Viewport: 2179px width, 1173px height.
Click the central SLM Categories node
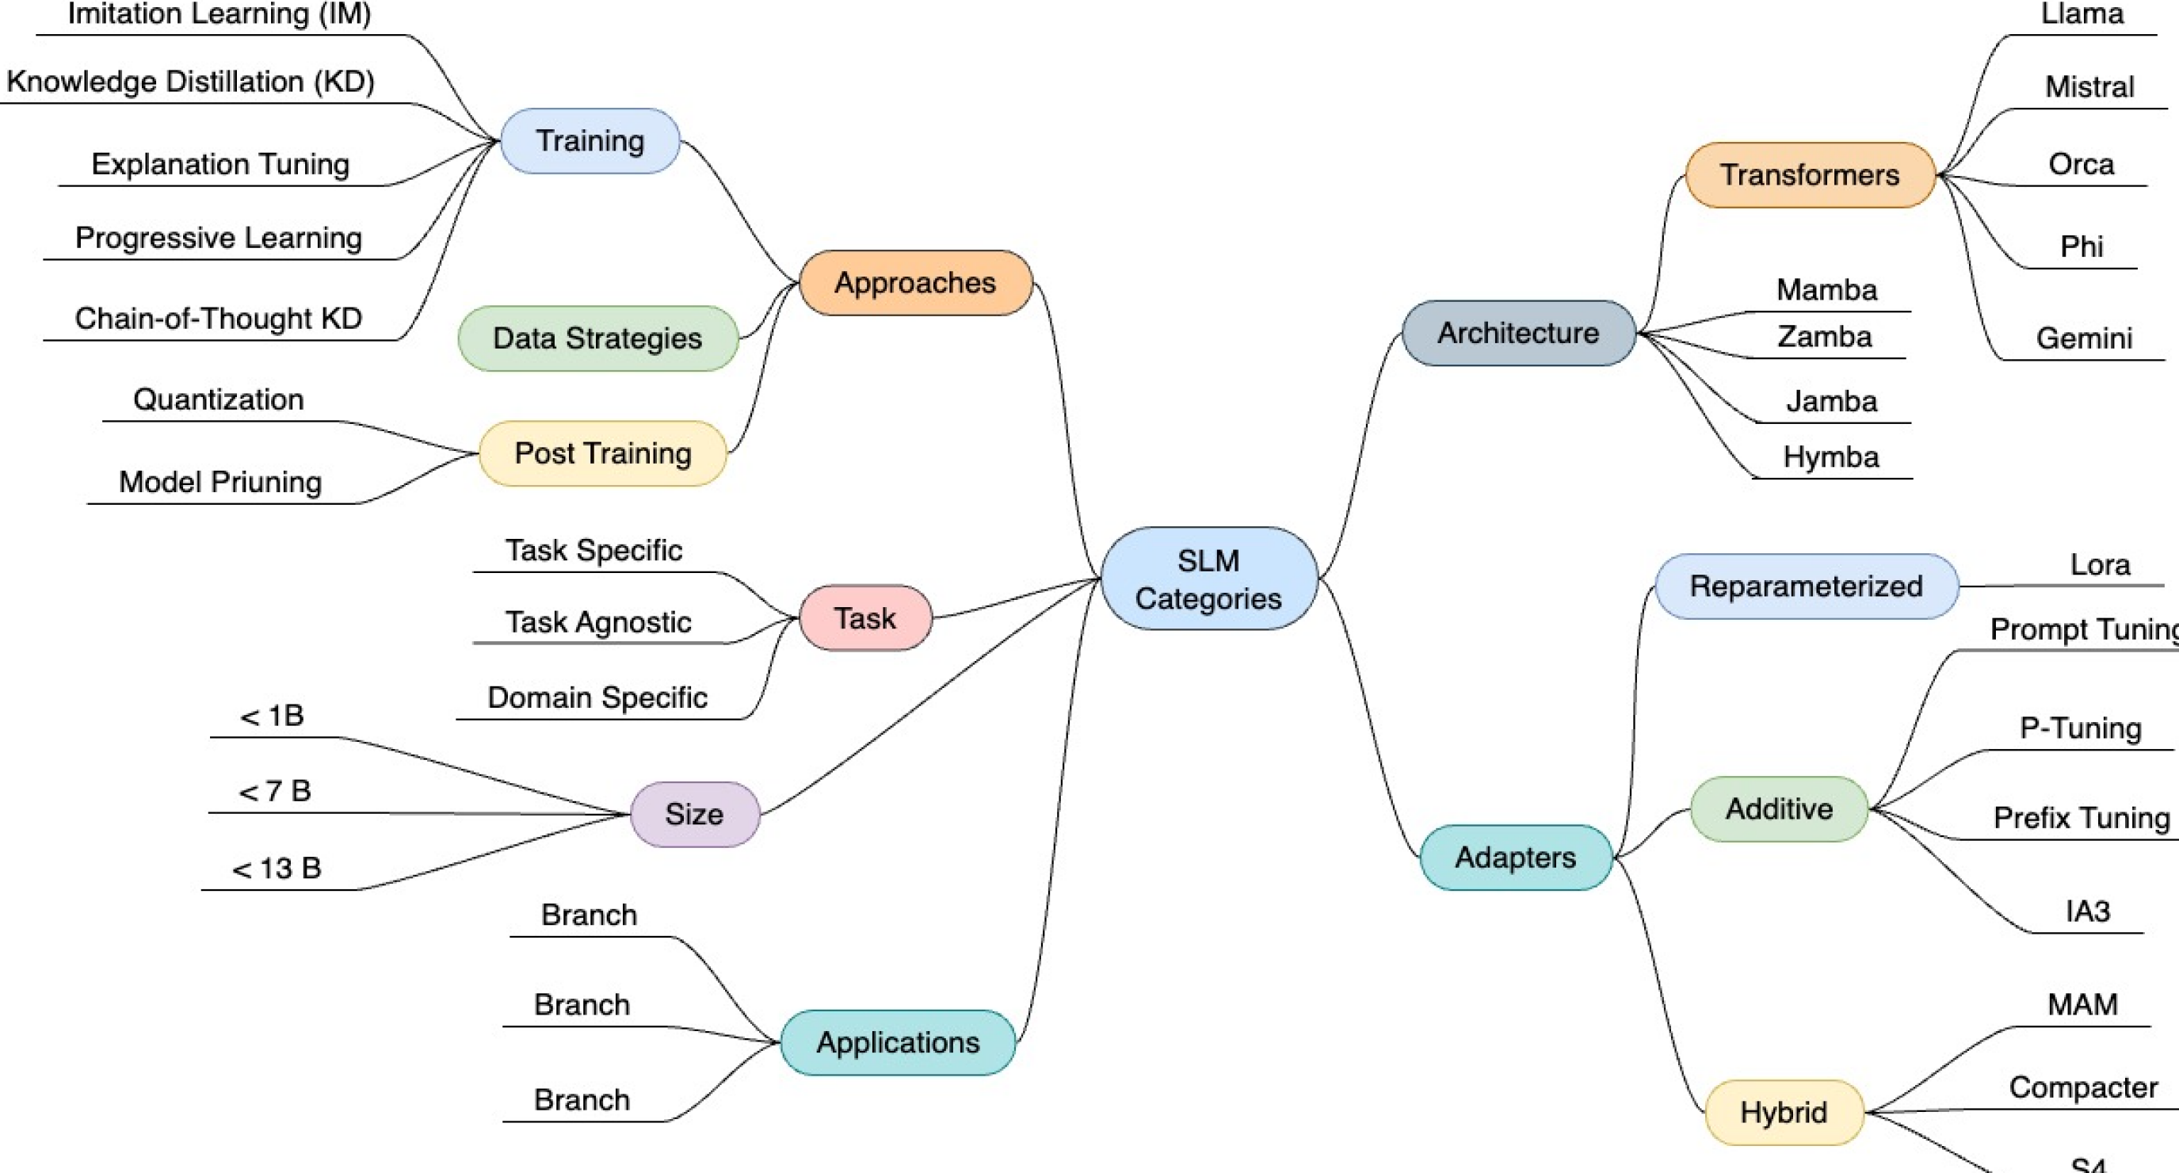coord(1208,579)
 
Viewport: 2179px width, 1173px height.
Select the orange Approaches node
coord(915,283)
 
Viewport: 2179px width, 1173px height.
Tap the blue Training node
coord(590,140)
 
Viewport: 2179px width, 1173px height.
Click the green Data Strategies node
coord(597,338)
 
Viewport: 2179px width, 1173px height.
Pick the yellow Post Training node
coord(602,453)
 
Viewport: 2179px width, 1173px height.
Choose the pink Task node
coord(864,618)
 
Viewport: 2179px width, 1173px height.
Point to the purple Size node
coord(694,814)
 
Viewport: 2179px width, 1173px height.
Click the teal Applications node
coord(898,1043)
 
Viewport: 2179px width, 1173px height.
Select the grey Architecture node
coord(1517,334)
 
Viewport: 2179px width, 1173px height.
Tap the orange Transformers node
coord(1809,175)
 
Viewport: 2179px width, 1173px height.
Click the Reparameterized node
coord(1806,586)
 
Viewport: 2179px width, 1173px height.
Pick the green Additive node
coord(1779,809)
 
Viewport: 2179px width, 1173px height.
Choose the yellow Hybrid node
coord(1783,1112)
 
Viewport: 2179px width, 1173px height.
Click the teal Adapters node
coord(1515,858)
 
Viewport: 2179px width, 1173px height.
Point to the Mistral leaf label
coord(2089,87)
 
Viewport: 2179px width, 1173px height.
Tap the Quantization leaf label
coord(218,399)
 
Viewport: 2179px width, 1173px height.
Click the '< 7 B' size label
coord(275,791)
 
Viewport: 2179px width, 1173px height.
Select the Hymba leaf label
coord(1830,457)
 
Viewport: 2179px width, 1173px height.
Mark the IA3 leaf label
coord(2087,911)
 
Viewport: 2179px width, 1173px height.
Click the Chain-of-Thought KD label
coord(218,319)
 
